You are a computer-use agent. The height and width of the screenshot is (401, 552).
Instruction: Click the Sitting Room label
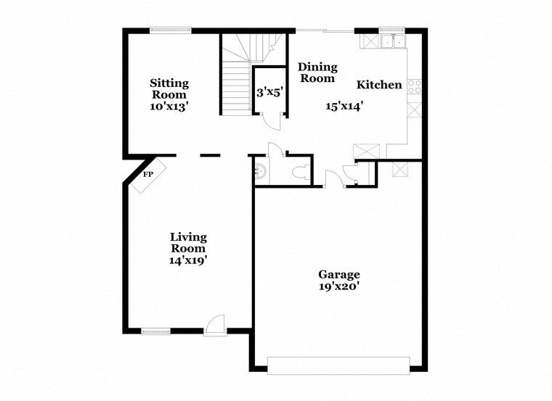[x=169, y=88]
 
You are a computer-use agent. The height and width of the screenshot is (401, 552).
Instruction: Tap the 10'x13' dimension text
[x=169, y=106]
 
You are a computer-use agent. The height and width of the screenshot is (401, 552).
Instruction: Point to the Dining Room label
[x=317, y=73]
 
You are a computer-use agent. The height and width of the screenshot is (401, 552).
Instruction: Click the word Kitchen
[x=378, y=85]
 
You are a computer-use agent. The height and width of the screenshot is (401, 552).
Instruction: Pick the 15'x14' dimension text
[x=344, y=106]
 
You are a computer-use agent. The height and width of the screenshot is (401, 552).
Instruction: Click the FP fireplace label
[x=147, y=175]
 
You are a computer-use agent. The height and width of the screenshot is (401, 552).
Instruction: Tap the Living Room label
[x=189, y=242]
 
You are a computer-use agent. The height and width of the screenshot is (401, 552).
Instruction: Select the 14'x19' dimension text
[x=189, y=259]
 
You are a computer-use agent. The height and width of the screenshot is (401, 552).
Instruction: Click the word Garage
[x=339, y=274]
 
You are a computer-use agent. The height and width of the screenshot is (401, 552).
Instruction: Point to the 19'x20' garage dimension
[x=339, y=286]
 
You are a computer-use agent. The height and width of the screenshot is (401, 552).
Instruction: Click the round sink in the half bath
[x=261, y=171]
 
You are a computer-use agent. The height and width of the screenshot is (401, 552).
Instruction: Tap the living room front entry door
[x=216, y=325]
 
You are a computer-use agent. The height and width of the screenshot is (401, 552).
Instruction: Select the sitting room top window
[x=171, y=30]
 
